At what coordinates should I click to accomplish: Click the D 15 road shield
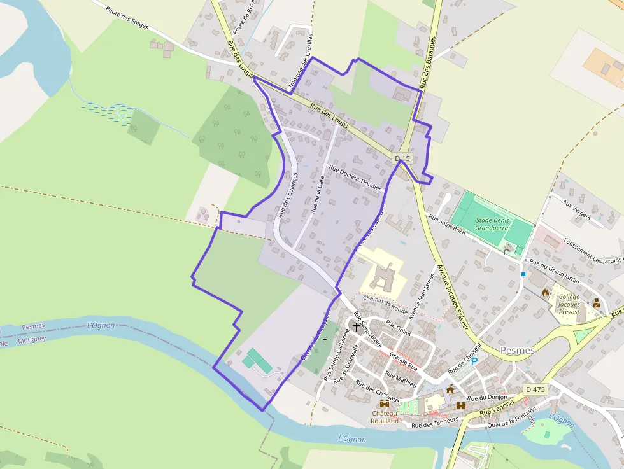[403, 158]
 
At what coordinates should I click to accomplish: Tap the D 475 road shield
[536, 389]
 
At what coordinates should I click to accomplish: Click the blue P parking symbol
[474, 361]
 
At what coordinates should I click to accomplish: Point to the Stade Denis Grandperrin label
[493, 223]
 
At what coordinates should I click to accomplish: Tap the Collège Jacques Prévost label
[569, 304]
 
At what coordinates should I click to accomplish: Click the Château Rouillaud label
[385, 417]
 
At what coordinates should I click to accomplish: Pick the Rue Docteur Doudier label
[355, 178]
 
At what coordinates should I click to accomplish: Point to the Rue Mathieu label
[401, 379]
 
